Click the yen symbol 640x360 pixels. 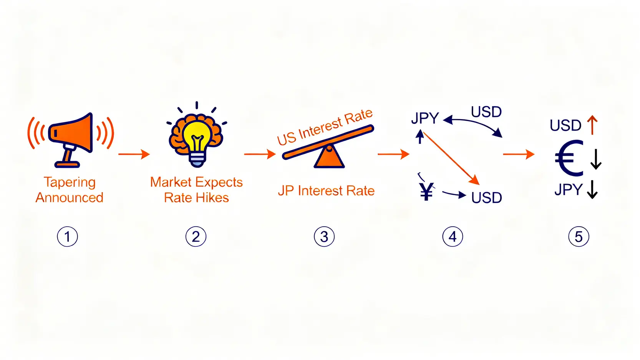point(426,191)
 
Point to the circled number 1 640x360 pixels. point(68,237)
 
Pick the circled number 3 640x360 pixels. point(324,237)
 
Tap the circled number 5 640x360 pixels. point(579,237)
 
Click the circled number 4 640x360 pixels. point(453,237)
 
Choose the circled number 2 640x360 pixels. point(196,237)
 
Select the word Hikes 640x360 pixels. point(211,197)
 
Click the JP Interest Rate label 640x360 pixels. point(326,191)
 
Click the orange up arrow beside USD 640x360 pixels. point(592,125)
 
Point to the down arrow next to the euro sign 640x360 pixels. point(596,159)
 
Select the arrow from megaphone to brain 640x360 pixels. point(134,154)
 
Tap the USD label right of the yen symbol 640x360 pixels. point(486,197)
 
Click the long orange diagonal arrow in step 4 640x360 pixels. point(451,158)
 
